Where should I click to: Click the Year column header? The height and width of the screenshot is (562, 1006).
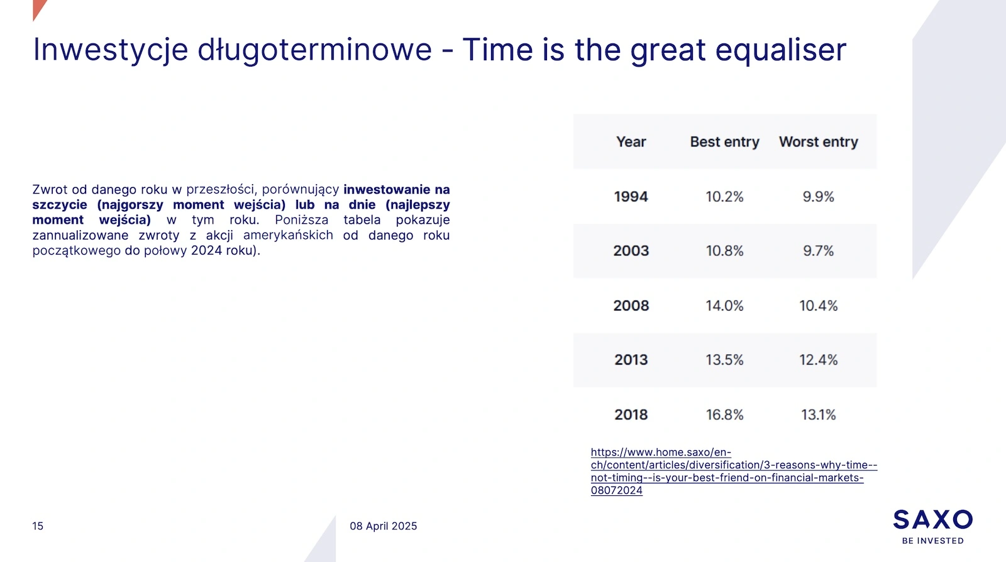pos(631,142)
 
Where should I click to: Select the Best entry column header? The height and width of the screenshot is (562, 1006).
pos(724,142)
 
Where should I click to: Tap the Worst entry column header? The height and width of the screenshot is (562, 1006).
pos(818,142)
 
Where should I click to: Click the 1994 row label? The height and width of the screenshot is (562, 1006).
pos(631,197)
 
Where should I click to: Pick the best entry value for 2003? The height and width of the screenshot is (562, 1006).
pos(724,250)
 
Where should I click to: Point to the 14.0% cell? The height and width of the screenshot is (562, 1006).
pos(724,306)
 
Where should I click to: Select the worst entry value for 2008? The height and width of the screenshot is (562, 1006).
pos(818,306)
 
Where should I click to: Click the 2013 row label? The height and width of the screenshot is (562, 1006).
pos(631,360)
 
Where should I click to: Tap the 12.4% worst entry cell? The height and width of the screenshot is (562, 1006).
pos(818,360)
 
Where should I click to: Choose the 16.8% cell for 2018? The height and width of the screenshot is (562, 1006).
pos(724,414)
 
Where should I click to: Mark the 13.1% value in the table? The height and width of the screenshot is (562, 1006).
pos(818,414)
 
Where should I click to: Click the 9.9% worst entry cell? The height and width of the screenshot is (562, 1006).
pos(818,197)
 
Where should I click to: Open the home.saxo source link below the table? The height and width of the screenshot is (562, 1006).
pos(734,471)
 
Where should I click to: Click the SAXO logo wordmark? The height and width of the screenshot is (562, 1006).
pos(933,520)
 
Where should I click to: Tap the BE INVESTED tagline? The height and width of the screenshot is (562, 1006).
pos(933,541)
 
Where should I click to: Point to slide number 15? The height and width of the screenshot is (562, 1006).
pos(38,526)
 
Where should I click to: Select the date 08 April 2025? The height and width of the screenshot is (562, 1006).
pos(383,526)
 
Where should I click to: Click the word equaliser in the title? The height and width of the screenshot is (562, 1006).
pos(780,50)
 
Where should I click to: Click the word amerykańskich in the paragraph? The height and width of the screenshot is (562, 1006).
pos(288,235)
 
